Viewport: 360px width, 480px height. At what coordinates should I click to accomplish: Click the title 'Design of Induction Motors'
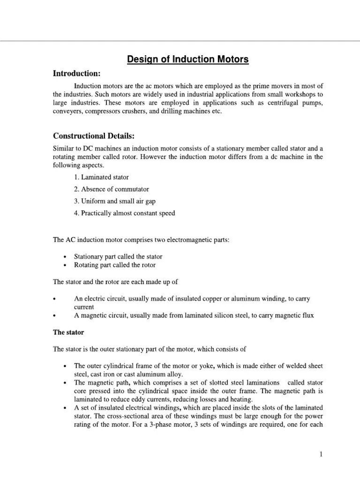click(x=187, y=60)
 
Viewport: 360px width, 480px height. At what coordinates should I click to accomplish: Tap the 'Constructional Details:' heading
click(x=94, y=136)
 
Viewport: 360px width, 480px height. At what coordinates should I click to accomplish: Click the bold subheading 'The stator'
click(x=68, y=332)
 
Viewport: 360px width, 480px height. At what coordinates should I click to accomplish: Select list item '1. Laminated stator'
click(x=105, y=177)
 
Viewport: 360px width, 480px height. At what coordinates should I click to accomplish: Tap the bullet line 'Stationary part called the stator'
click(x=118, y=257)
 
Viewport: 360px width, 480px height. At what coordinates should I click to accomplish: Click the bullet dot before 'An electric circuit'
click(x=55, y=299)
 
